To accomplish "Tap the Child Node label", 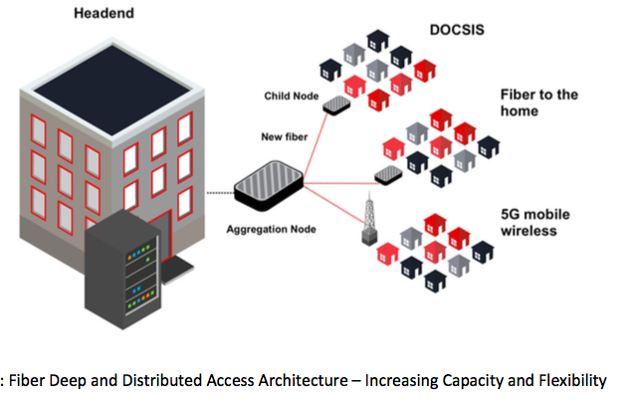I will click(290, 97).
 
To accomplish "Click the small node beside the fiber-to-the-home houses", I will click(387, 174).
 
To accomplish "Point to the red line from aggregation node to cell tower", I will click(333, 203).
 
